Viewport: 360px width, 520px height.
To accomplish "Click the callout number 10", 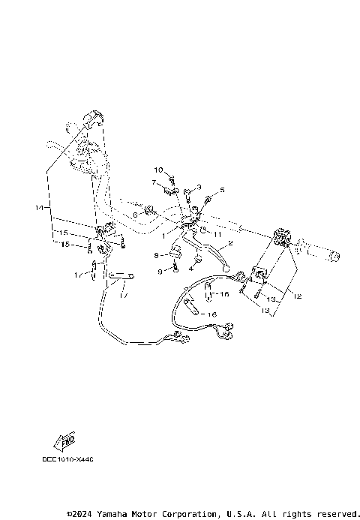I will click(158, 170).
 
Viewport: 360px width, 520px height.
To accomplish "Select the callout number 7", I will click(152, 182).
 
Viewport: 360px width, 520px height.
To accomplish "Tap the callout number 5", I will click(199, 186).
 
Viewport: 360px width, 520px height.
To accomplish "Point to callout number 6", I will click(135, 215).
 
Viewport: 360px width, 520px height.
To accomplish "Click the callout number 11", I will click(222, 190).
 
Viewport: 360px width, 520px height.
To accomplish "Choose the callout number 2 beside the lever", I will click(229, 244).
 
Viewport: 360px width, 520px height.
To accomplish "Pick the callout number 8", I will click(155, 256).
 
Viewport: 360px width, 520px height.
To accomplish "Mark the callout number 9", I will click(160, 271).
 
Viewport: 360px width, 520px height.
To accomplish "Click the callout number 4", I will click(191, 268).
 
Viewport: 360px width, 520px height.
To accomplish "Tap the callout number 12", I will click(298, 296).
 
